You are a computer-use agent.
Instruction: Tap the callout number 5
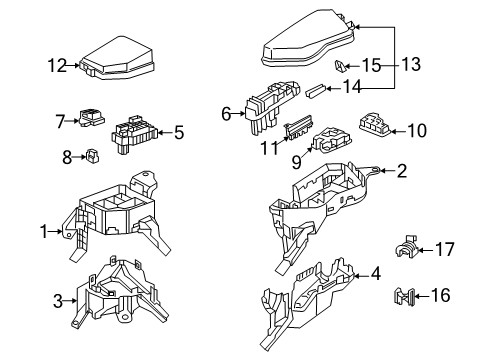click(x=179, y=130)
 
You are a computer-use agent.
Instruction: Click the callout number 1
click(x=44, y=232)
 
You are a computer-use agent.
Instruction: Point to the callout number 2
click(x=401, y=171)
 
